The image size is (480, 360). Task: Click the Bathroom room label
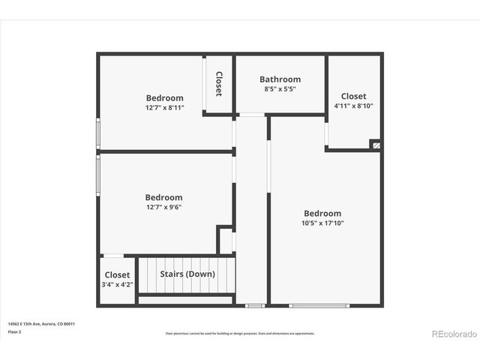point(280,79)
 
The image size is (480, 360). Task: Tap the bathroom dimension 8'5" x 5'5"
point(280,89)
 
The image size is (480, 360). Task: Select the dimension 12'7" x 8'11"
point(164,108)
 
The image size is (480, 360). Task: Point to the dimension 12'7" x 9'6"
point(163,207)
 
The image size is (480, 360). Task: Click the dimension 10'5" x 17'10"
point(322,223)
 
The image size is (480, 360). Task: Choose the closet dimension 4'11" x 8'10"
point(353,106)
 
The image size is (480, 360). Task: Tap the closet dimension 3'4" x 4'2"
point(117,284)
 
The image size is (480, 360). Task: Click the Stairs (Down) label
point(187,274)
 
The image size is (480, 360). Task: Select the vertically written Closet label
point(219,84)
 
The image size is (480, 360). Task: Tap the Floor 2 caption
point(14,331)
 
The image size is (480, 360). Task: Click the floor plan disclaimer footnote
point(240,333)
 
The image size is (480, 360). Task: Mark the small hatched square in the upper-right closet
point(376,145)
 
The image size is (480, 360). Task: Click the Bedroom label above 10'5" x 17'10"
point(322,213)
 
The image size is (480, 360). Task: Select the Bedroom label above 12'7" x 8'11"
point(164,97)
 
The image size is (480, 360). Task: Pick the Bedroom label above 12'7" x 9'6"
point(163,197)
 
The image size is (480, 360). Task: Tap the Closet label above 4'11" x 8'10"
point(353,96)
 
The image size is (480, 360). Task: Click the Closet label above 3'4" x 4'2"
point(117,275)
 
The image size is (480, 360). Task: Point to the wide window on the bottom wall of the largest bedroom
point(319,305)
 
